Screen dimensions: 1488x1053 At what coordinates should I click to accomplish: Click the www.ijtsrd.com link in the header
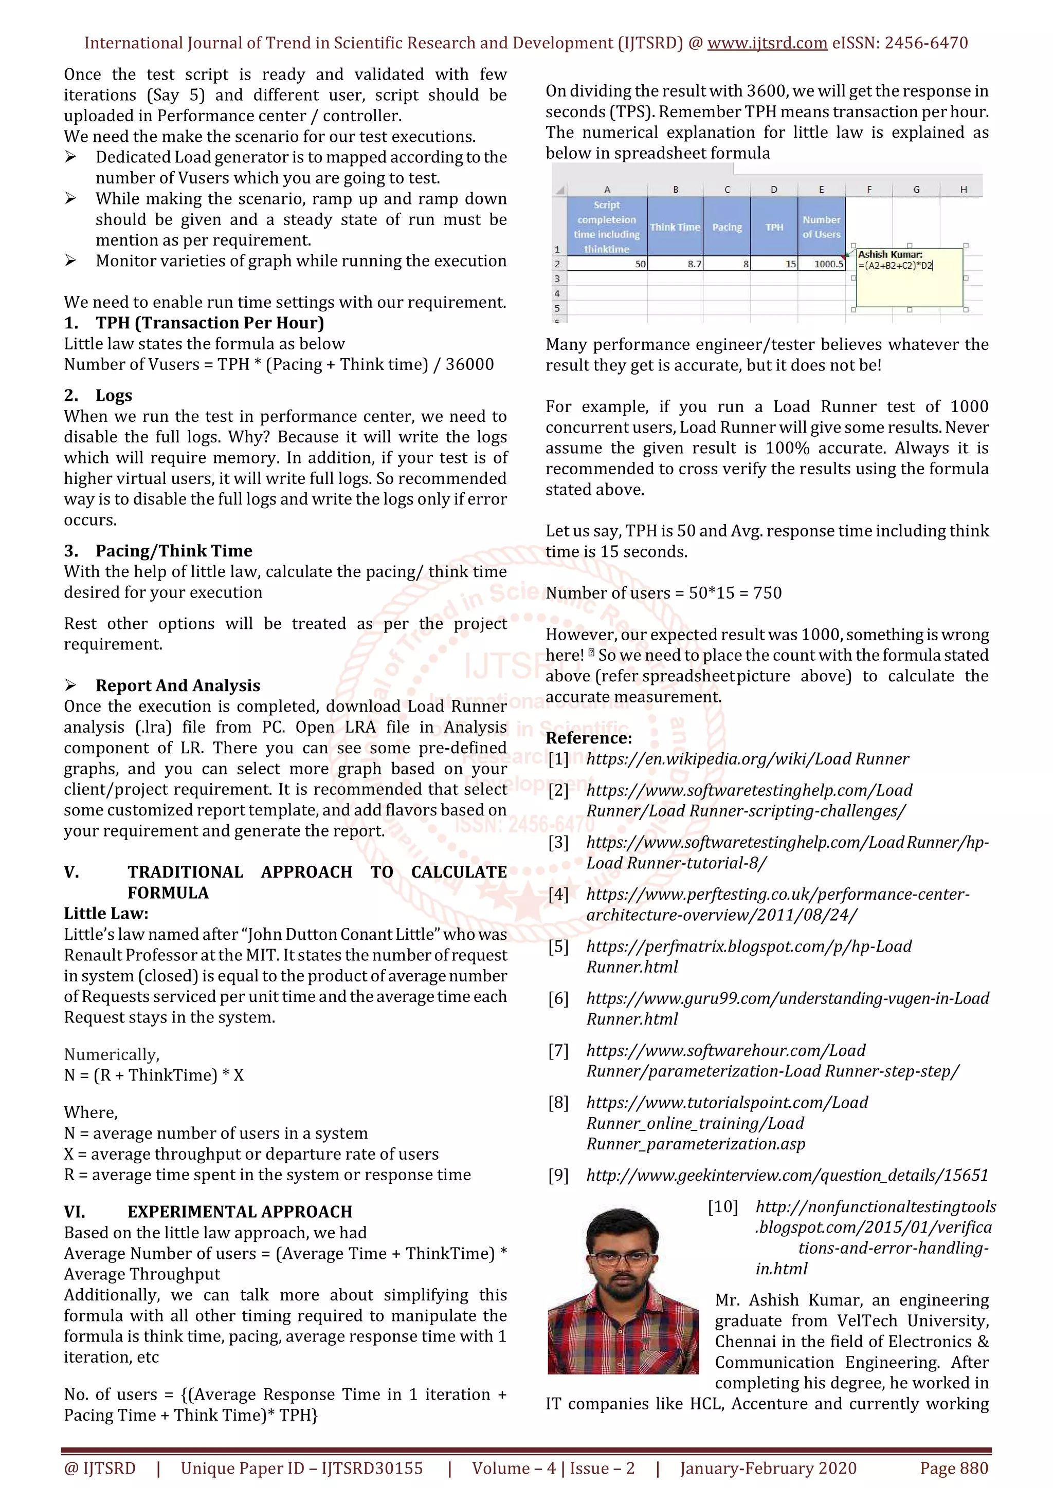pyautogui.click(x=767, y=44)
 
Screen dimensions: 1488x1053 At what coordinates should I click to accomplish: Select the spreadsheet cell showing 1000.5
pyautogui.click(x=822, y=264)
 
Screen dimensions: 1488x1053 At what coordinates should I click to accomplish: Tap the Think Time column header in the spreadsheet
pyautogui.click(x=675, y=227)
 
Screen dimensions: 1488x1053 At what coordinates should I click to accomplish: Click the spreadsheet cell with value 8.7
pyautogui.click(x=675, y=264)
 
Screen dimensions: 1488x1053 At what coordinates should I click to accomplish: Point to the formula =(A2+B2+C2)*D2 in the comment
pyautogui.click(x=896, y=266)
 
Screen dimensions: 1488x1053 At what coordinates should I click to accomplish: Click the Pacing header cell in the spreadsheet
pyautogui.click(x=727, y=227)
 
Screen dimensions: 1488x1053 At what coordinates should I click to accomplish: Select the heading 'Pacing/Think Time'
pyautogui.click(x=173, y=551)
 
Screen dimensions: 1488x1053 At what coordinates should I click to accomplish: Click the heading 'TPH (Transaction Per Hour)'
pyautogui.click(x=209, y=323)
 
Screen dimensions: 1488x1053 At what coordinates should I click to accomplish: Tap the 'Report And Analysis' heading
pyautogui.click(x=178, y=685)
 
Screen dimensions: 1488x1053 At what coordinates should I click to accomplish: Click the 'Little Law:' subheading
pyautogui.click(x=106, y=913)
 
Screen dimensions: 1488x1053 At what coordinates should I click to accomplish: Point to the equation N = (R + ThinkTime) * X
pyautogui.click(x=154, y=1075)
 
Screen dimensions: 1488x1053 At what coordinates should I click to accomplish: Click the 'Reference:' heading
pyautogui.click(x=588, y=738)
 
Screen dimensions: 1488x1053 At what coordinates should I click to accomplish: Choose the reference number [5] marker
pyautogui.click(x=558, y=946)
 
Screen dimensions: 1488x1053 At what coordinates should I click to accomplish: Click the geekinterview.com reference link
pyautogui.click(x=787, y=1175)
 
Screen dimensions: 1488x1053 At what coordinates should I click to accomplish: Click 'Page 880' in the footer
pyautogui.click(x=953, y=1468)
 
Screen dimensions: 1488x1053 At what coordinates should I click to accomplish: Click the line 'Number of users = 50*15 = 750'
pyautogui.click(x=663, y=593)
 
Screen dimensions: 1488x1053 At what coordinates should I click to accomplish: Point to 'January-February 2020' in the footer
pyautogui.click(x=768, y=1468)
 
